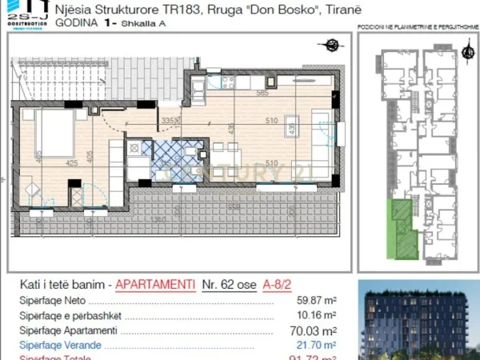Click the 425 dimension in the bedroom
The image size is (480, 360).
71,163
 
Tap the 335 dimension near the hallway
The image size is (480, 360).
167,121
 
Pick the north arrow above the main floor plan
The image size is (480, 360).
325,46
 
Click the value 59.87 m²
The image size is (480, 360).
314,302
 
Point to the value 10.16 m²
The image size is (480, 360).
314,316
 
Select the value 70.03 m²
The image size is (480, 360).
314,330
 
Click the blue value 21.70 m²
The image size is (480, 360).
314,345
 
